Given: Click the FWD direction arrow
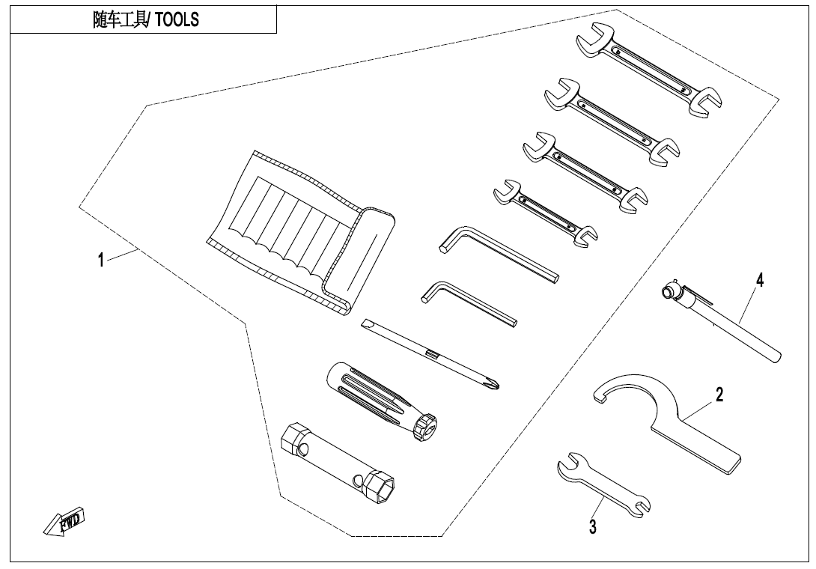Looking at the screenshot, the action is pyautogui.click(x=64, y=520).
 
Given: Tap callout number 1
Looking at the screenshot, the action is pyautogui.click(x=102, y=259).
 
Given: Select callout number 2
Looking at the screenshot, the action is pyautogui.click(x=719, y=395).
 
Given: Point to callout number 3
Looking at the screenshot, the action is pyautogui.click(x=593, y=527).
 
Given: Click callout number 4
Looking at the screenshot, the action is pyautogui.click(x=760, y=280).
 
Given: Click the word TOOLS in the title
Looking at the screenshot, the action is pyautogui.click(x=177, y=19).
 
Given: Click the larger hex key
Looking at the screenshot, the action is pyautogui.click(x=498, y=253).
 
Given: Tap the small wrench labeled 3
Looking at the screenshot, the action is pyautogui.click(x=603, y=484).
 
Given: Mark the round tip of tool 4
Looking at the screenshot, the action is pyautogui.click(x=668, y=290).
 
